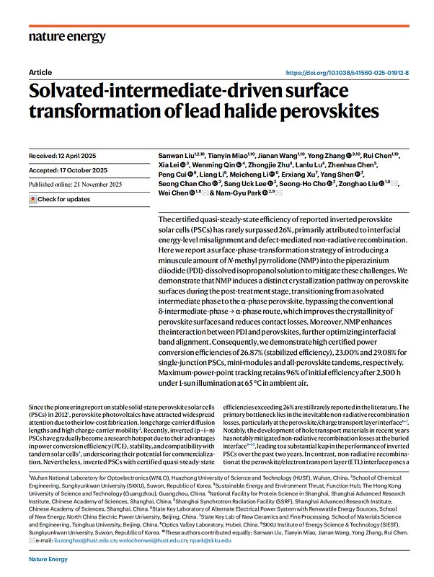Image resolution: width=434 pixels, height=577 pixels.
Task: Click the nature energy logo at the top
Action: pyautogui.click(x=67, y=37)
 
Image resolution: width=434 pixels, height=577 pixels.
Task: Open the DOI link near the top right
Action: pyautogui.click(x=347, y=74)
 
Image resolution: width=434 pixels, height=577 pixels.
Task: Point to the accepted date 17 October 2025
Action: pyautogui.click(x=86, y=170)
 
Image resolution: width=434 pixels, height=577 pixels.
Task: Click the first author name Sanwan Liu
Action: pyautogui.click(x=176, y=156)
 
